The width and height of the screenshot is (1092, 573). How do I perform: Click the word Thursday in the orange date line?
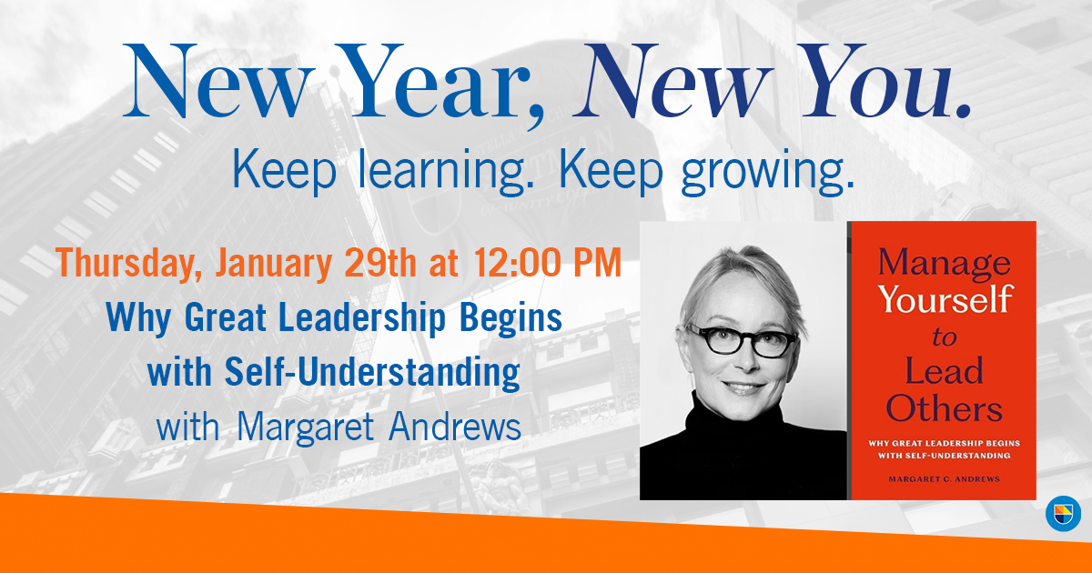coord(131,263)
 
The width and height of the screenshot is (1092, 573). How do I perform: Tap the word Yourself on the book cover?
coord(944,299)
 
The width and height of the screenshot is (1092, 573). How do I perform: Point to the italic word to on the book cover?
coord(944,336)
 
